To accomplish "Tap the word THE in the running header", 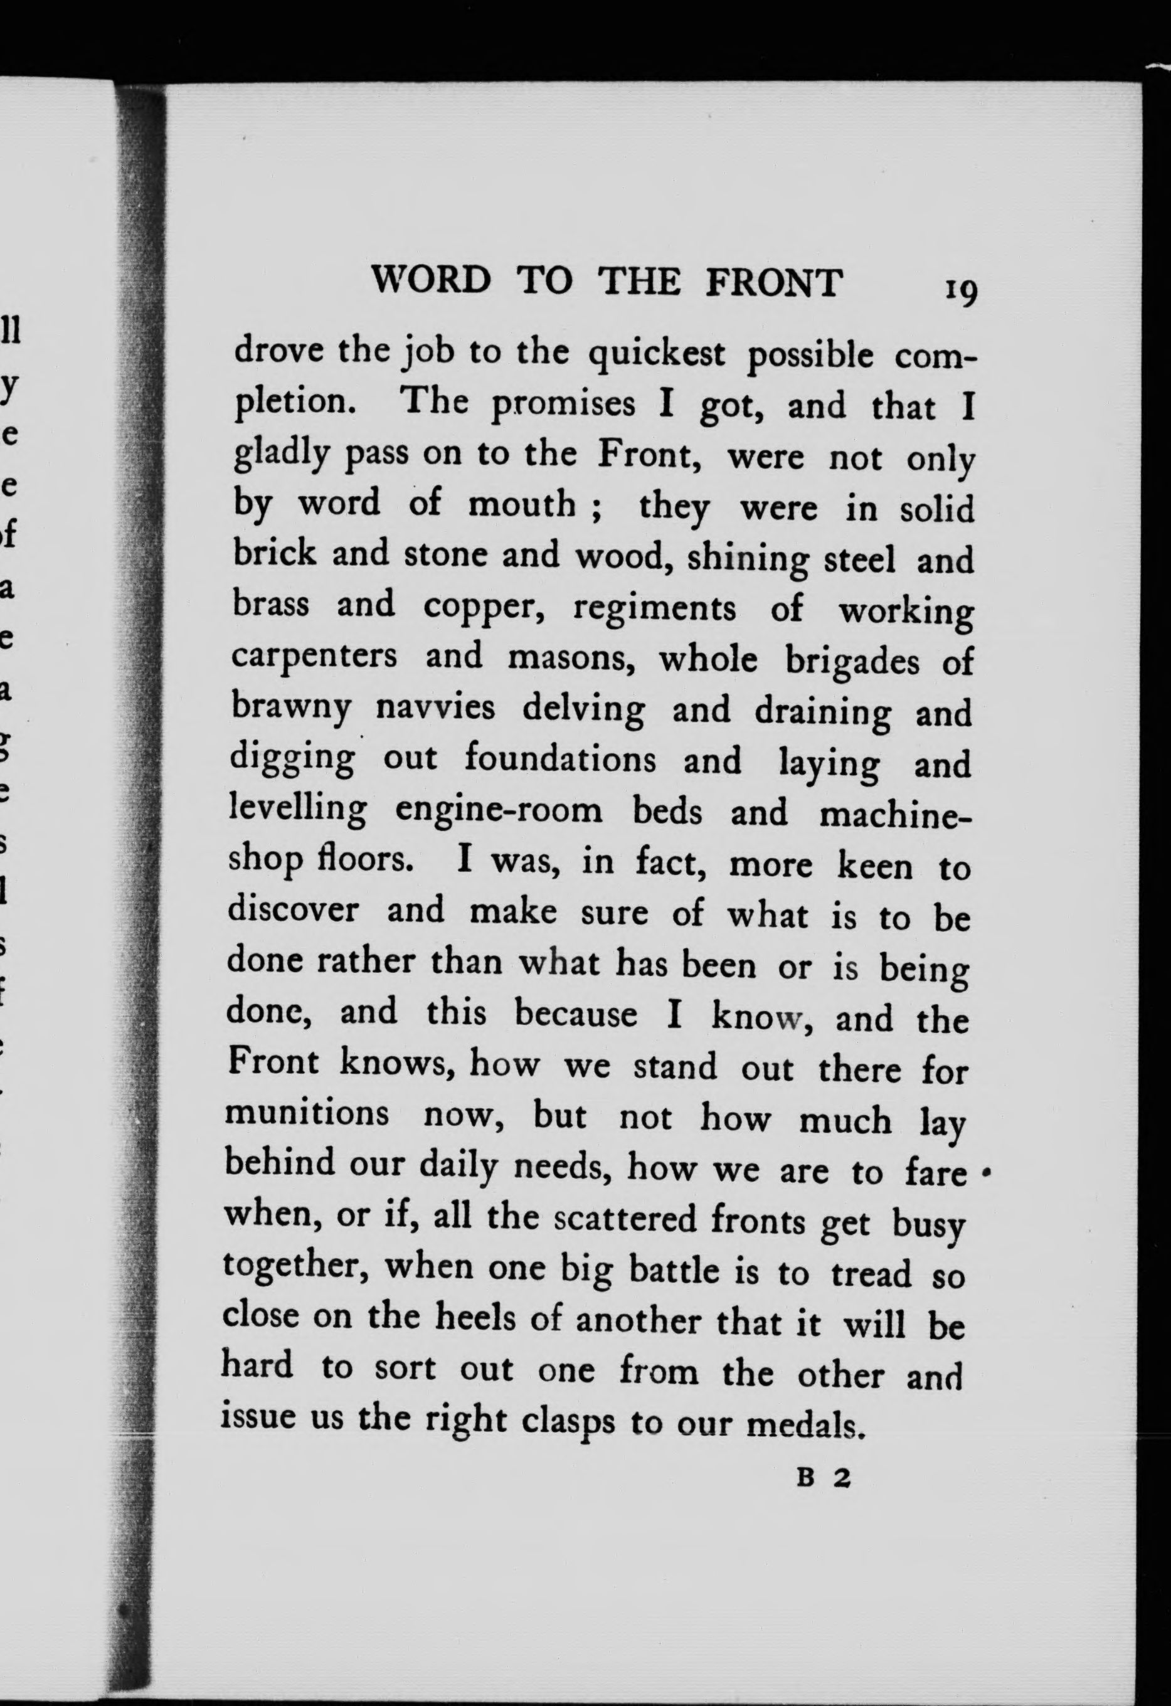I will (638, 281).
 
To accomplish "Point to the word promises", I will (563, 406).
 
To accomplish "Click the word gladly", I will (281, 456).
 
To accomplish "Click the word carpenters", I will (314, 657).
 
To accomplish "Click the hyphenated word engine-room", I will (499, 810).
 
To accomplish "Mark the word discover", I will (293, 910).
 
